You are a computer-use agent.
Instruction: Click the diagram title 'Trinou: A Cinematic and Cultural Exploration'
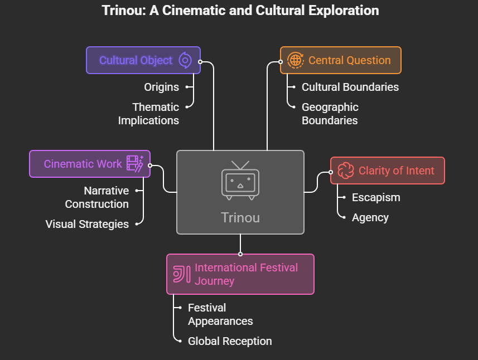coord(240,11)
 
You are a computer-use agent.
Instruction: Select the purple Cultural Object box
coord(143,60)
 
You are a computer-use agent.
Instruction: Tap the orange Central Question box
coord(340,60)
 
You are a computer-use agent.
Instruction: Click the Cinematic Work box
coord(89,164)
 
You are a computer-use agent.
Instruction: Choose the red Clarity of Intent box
coord(387,171)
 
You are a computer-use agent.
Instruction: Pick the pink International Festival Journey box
coord(240,274)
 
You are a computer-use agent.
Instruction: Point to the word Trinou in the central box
coord(240,217)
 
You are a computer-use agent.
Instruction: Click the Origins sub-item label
coord(161,87)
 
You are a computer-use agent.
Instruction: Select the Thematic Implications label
coord(148,114)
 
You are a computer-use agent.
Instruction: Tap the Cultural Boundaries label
coord(350,87)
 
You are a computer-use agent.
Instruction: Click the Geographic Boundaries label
coord(330,114)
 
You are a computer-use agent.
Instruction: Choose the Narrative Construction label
coord(97,197)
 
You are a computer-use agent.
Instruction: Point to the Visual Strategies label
coord(87,224)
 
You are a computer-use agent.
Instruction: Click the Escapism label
coord(376,197)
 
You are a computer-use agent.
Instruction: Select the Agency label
coord(370,217)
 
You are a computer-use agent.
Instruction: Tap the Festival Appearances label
coord(220,314)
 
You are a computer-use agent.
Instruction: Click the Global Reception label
coord(230,341)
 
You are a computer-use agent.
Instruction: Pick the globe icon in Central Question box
coord(295,60)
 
